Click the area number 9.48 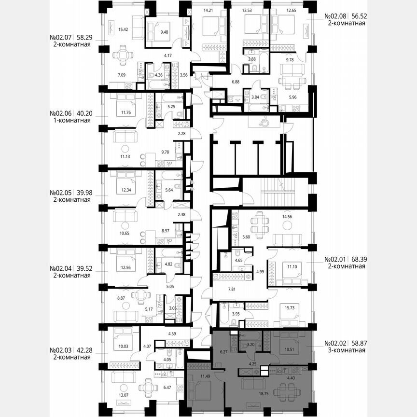(157, 33)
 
